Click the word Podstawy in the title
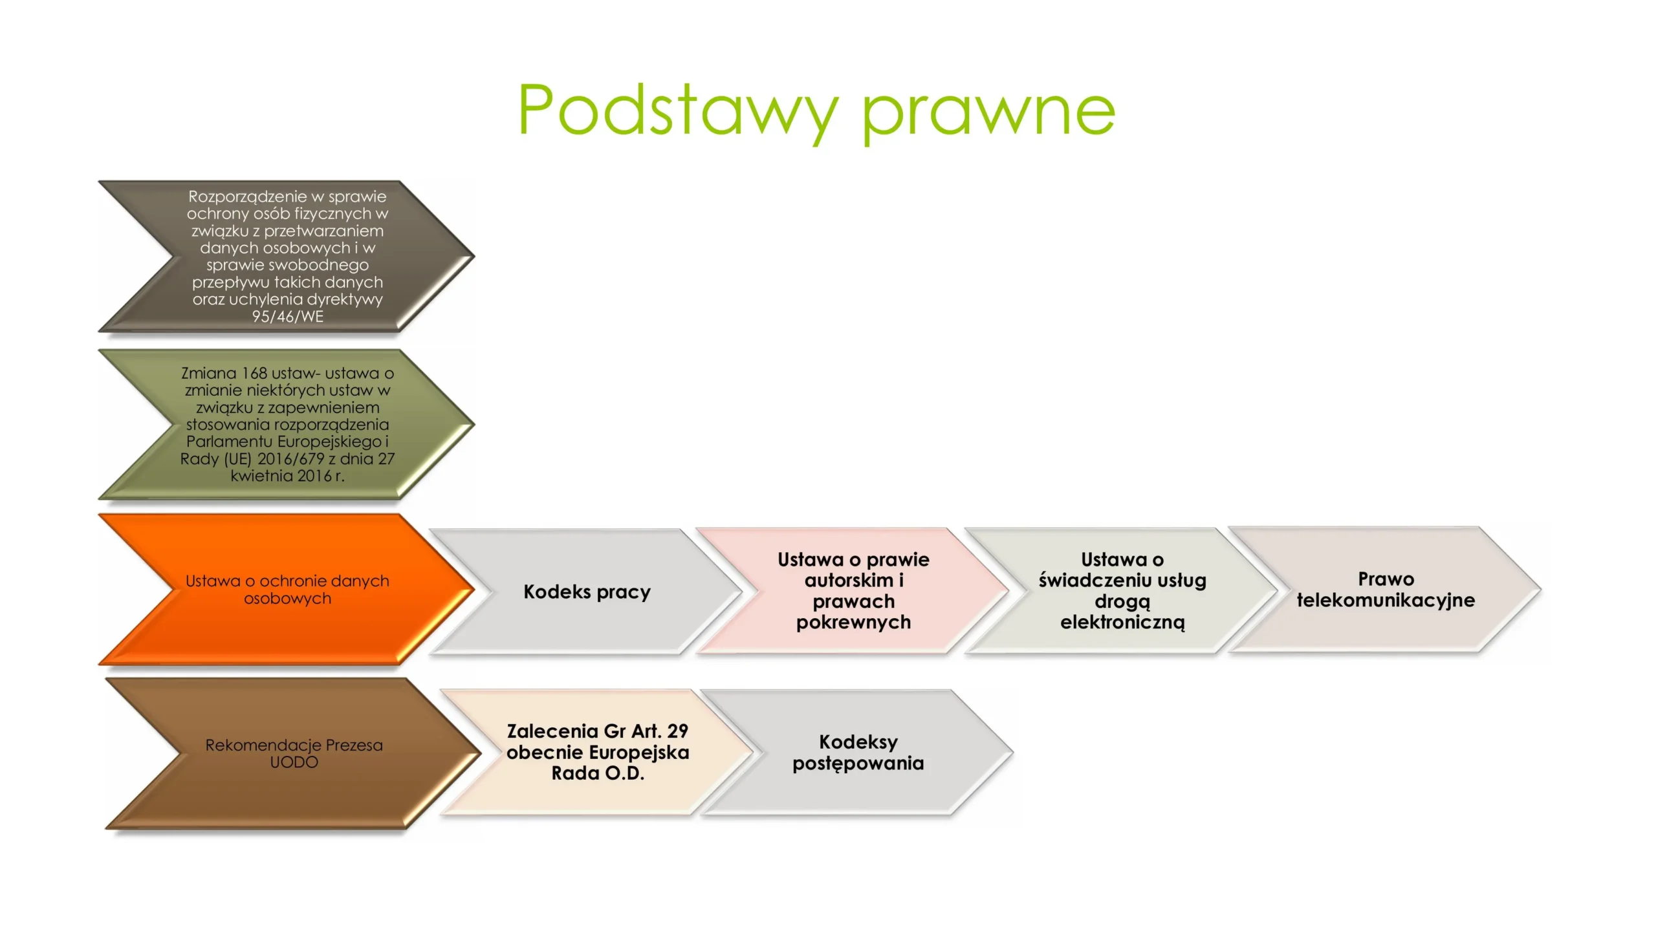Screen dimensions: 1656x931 click(x=679, y=111)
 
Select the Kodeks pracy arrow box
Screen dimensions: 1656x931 click(x=587, y=592)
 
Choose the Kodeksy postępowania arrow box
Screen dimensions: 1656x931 click(x=858, y=752)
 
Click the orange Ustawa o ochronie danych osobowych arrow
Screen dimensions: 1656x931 click(x=287, y=590)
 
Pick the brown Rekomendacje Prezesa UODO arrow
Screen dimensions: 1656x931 click(x=294, y=754)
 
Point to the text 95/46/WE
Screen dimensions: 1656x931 click(x=288, y=317)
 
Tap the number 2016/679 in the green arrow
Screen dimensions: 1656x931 click(x=290, y=459)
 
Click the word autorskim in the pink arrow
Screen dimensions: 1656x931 click(x=849, y=581)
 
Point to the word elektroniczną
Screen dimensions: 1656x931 click(x=1122, y=623)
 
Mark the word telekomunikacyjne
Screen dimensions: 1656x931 click(x=1386, y=601)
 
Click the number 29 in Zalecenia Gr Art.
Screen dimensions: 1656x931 click(x=677, y=731)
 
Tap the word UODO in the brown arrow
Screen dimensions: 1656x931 click(x=294, y=762)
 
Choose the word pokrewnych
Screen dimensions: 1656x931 click(x=853, y=623)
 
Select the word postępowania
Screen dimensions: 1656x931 click(x=858, y=764)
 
